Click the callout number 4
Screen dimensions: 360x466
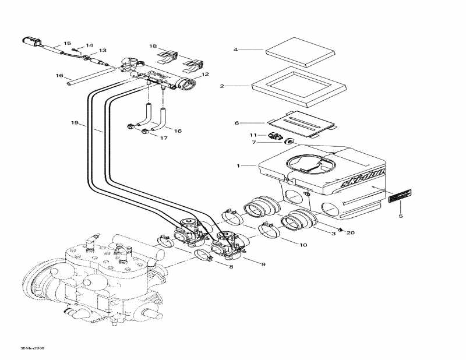coord(236,50)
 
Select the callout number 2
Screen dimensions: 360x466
coord(222,86)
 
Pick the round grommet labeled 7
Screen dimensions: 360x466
coord(288,142)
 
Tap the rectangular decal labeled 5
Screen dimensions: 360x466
coord(400,195)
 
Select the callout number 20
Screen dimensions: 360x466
coord(351,233)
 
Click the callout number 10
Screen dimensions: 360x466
coord(303,245)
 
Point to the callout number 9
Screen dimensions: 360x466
coord(263,264)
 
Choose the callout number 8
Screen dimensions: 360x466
coord(231,267)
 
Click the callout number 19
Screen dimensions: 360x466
coord(75,123)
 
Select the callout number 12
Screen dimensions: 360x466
coord(205,75)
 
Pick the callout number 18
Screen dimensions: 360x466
coord(153,45)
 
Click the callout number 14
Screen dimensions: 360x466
coord(90,45)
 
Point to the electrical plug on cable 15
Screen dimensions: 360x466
coord(29,42)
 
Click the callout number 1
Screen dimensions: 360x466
coord(238,166)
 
